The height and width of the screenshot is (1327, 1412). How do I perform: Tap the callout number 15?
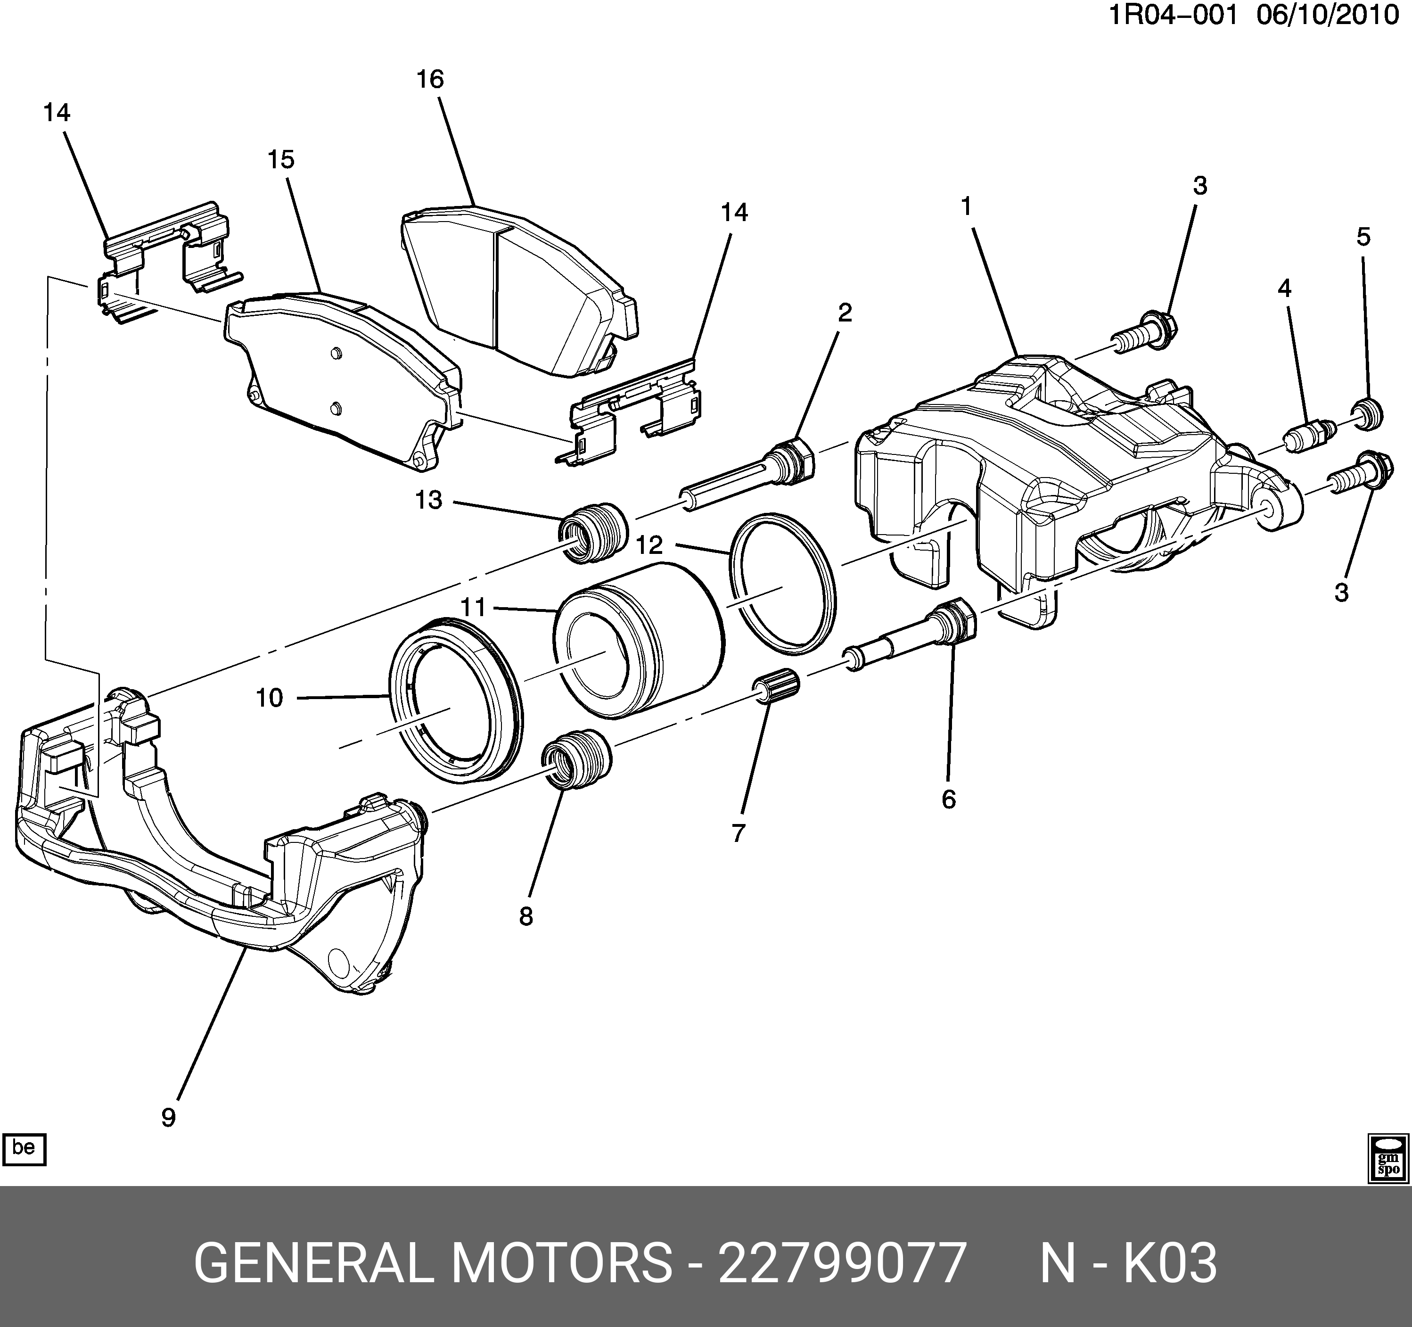point(281,160)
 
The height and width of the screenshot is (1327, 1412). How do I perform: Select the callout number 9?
point(168,1118)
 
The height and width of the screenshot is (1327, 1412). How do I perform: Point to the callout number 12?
point(649,545)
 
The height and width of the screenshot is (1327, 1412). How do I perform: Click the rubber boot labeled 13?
point(593,532)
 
